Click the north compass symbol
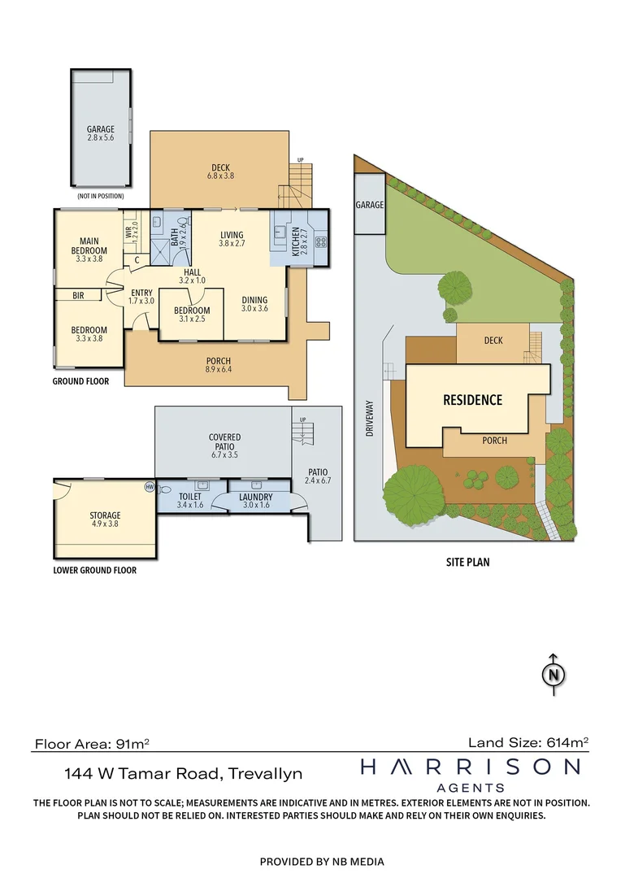tap(554, 675)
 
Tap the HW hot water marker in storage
tap(149, 487)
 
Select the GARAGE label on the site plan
tap(369, 206)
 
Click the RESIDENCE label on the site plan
tap(472, 400)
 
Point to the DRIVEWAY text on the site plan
tap(369, 419)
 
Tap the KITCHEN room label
tap(295, 241)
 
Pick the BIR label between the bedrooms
tap(78, 296)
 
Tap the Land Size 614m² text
tap(528, 741)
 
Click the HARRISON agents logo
tap(471, 773)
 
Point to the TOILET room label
tap(189, 497)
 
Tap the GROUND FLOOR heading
tap(80, 381)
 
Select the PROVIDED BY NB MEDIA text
tap(322, 861)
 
